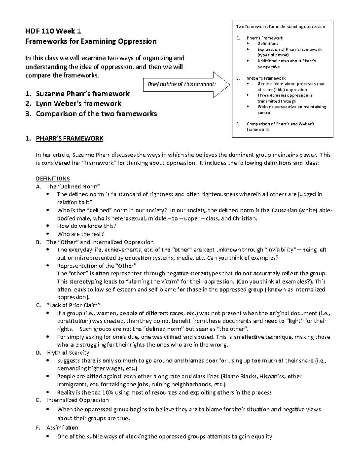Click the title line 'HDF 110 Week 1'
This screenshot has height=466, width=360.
[x=53, y=31]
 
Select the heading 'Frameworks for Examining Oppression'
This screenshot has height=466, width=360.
[x=91, y=41]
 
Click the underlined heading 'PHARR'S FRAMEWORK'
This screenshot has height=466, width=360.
[x=69, y=138]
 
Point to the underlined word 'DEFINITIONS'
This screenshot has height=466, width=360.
[x=53, y=179]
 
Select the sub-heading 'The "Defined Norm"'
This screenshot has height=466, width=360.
[x=73, y=186]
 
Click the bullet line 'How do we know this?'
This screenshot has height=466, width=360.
[x=86, y=226]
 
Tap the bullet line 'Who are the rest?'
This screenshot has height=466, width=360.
[x=80, y=234]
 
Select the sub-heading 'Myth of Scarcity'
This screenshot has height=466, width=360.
[x=68, y=353]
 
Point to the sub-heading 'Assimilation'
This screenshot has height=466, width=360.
[x=62, y=427]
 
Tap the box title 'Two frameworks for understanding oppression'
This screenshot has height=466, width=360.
[x=280, y=26]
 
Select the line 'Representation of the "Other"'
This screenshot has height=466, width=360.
[x=97, y=266]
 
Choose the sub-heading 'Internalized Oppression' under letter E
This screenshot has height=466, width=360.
[x=77, y=400]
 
